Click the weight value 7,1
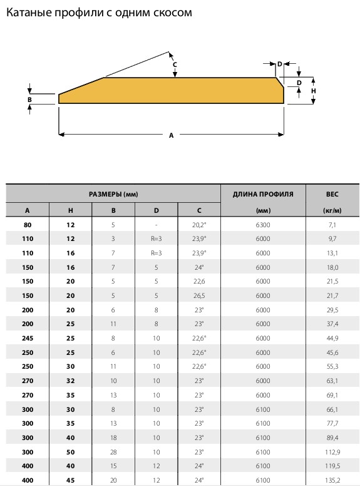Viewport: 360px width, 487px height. tap(332, 225)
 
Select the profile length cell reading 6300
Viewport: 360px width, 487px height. tap(263, 225)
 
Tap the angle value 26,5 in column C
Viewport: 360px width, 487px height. tap(199, 295)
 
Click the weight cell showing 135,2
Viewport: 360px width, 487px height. tap(332, 480)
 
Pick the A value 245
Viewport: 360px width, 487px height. tap(28, 338)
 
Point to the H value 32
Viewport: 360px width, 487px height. tap(71, 381)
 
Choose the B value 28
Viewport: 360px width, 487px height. tap(113, 452)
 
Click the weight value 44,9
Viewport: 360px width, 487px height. tap(332, 338)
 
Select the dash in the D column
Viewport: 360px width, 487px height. tap(157, 225)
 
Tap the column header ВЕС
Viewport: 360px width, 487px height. tap(332, 194)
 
